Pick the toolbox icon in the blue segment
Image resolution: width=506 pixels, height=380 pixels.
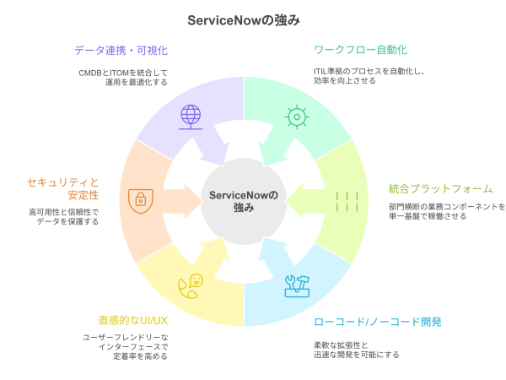[296, 285]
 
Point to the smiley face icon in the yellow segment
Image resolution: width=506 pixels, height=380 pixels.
[191, 285]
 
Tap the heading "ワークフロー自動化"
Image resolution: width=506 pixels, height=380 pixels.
[360, 50]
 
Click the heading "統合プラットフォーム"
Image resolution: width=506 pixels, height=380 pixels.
[440, 188]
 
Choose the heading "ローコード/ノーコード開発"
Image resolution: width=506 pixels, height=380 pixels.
[377, 322]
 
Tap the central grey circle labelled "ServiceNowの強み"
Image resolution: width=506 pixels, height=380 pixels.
[243, 201]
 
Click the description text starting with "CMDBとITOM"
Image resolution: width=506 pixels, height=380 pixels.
[123, 78]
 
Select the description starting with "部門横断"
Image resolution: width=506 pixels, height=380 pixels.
[447, 211]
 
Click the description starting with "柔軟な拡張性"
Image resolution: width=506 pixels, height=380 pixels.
[357, 350]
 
